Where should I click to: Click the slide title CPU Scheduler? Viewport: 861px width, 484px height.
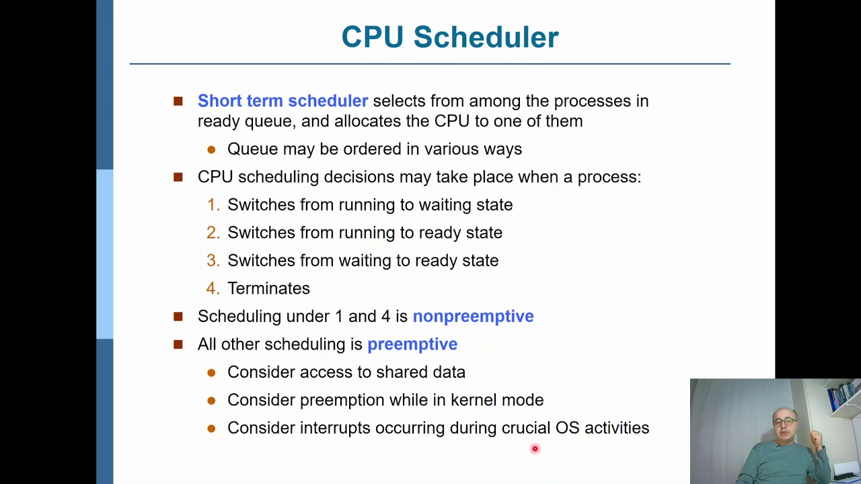click(x=449, y=37)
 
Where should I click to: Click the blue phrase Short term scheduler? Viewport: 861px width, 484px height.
click(x=283, y=101)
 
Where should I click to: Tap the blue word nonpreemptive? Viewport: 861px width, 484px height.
click(x=473, y=316)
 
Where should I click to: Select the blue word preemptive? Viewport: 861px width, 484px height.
click(x=412, y=344)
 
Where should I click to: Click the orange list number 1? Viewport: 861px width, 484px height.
click(x=213, y=205)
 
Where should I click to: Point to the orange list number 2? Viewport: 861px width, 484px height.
click(x=213, y=233)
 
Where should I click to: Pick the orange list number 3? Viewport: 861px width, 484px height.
click(x=213, y=261)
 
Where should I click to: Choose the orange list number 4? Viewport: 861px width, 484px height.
click(x=213, y=288)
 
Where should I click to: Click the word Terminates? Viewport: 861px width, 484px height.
click(x=268, y=288)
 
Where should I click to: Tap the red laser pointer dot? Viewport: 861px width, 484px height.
click(x=535, y=448)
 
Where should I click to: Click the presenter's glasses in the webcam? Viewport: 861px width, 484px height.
click(x=784, y=422)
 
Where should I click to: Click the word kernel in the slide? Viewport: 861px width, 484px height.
click(x=474, y=400)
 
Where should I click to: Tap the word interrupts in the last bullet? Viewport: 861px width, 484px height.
click(x=334, y=428)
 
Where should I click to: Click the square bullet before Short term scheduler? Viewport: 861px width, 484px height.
click(x=178, y=101)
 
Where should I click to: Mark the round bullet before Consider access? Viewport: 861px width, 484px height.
click(x=211, y=372)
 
